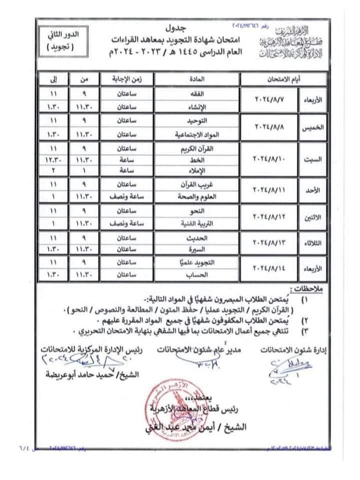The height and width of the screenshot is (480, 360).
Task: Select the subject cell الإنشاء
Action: click(197, 106)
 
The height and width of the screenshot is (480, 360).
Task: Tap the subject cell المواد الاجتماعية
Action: click(197, 134)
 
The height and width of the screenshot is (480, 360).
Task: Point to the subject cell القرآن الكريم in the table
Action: click(197, 150)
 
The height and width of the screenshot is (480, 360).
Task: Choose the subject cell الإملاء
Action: click(197, 170)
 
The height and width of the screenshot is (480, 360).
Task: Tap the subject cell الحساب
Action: click(197, 274)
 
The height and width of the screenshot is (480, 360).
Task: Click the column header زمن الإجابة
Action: click(127, 78)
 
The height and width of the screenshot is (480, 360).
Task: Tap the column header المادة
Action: click(197, 78)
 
